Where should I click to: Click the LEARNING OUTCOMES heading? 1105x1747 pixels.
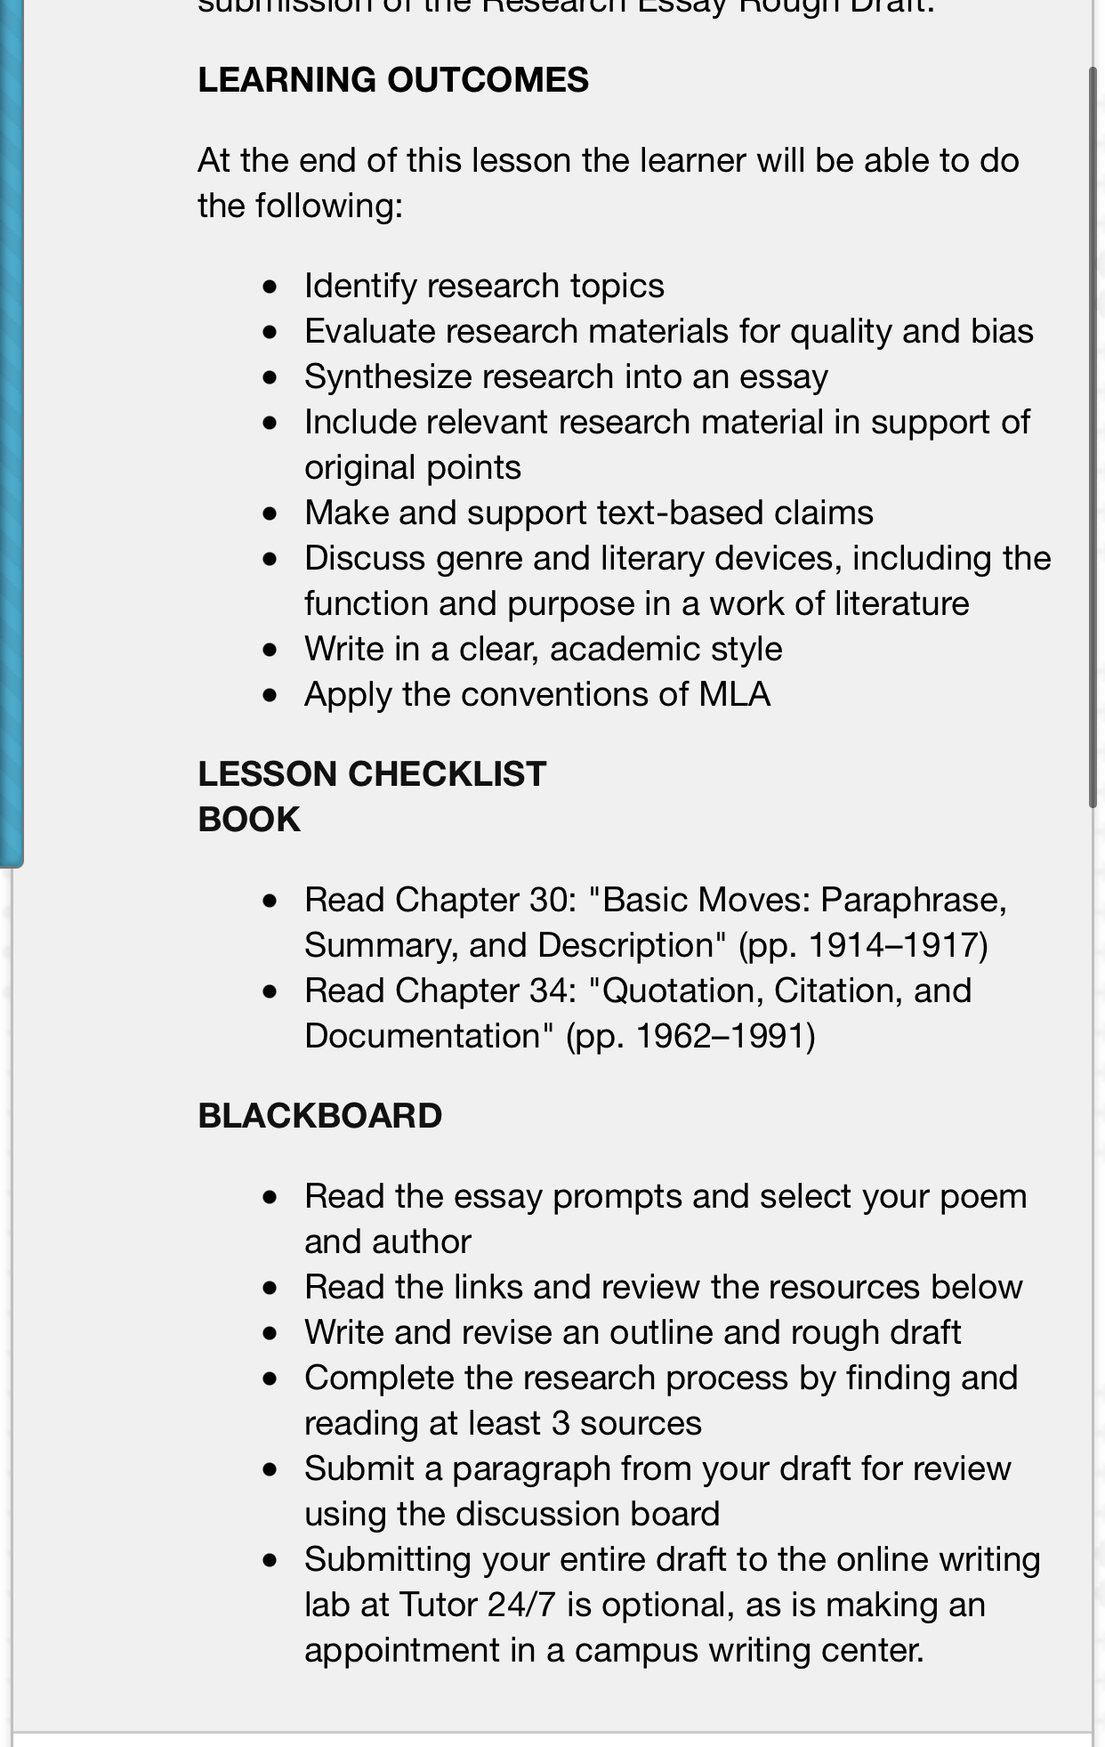pos(392,80)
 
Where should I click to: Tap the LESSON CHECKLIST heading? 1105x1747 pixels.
pos(371,774)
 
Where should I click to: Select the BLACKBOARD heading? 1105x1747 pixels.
pos(319,1116)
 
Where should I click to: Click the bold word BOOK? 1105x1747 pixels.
pos(249,820)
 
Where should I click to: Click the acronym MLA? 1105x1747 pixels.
pos(734,695)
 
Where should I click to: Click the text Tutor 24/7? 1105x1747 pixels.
pos(477,1605)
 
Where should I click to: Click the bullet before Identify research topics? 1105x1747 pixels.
pos(270,287)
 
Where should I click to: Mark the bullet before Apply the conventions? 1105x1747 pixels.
pos(270,695)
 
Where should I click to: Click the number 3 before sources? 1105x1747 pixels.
pos(561,1424)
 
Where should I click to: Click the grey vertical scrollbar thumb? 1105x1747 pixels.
pos(1093,436)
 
